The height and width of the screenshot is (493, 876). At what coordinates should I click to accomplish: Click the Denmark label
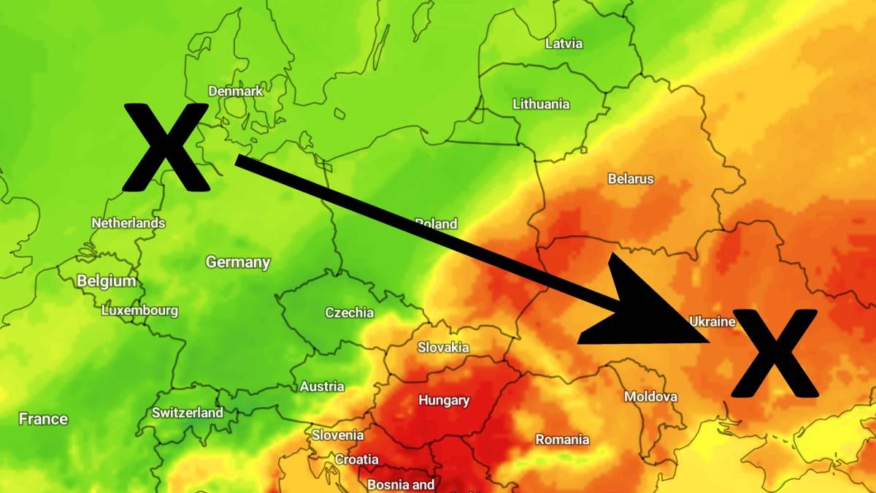click(x=235, y=91)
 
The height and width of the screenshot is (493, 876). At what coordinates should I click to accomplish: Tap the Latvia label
click(x=564, y=43)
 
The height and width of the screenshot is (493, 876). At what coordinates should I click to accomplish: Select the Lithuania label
click(x=541, y=104)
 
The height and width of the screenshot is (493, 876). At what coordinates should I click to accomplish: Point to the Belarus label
click(x=631, y=178)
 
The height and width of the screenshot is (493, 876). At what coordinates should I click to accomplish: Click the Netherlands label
click(x=128, y=223)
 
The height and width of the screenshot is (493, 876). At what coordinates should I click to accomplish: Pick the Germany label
click(x=238, y=262)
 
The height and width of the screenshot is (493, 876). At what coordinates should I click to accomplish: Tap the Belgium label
click(x=107, y=281)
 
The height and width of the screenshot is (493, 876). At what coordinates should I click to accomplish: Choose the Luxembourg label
click(x=139, y=310)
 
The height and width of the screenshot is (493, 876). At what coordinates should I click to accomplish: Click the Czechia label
click(x=349, y=313)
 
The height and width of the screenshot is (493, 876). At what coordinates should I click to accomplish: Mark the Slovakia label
click(x=443, y=348)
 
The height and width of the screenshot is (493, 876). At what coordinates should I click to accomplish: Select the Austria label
click(x=322, y=386)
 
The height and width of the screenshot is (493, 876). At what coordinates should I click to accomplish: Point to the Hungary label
click(x=444, y=400)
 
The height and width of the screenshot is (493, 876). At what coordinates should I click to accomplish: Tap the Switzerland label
click(x=188, y=413)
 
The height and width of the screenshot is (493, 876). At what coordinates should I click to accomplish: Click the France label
click(x=43, y=419)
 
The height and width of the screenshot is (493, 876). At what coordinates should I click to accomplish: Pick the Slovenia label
click(x=338, y=435)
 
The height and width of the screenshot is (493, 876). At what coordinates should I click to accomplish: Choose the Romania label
click(x=562, y=440)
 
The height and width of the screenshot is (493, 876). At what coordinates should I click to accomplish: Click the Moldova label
click(x=650, y=397)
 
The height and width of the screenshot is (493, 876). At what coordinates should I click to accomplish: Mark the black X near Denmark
click(x=166, y=147)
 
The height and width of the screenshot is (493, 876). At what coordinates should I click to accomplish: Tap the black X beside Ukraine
click(x=774, y=353)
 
